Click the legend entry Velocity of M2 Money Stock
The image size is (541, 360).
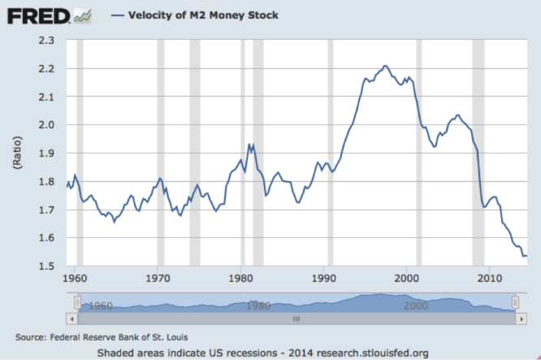click(204, 15)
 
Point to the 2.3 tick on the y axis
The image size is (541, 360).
click(46, 40)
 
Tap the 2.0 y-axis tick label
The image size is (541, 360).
click(46, 125)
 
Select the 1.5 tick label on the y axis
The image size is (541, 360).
click(46, 267)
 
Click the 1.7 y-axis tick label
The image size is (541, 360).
click(46, 210)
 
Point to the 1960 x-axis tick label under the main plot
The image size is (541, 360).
click(75, 278)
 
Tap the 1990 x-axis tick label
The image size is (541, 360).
click(324, 278)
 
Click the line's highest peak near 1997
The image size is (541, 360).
click(385, 66)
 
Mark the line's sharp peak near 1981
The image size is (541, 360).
click(249, 144)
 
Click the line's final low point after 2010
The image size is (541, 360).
click(524, 256)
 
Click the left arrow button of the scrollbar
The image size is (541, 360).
click(78, 320)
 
